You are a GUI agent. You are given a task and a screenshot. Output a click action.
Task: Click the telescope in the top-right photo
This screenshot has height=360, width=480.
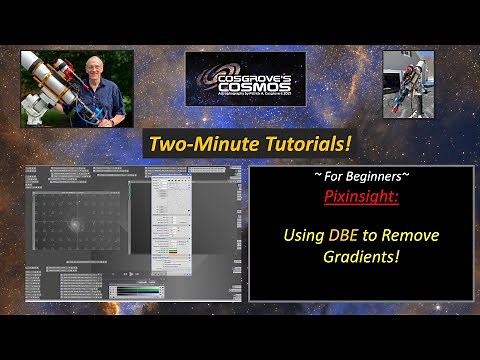point(406,90)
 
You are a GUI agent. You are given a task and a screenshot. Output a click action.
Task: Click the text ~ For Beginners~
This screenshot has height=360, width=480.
point(361,177)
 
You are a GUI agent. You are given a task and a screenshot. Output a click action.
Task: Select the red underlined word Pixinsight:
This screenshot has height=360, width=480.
point(361,197)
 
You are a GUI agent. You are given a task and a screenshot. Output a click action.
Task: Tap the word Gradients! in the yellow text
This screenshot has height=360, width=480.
point(361,258)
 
